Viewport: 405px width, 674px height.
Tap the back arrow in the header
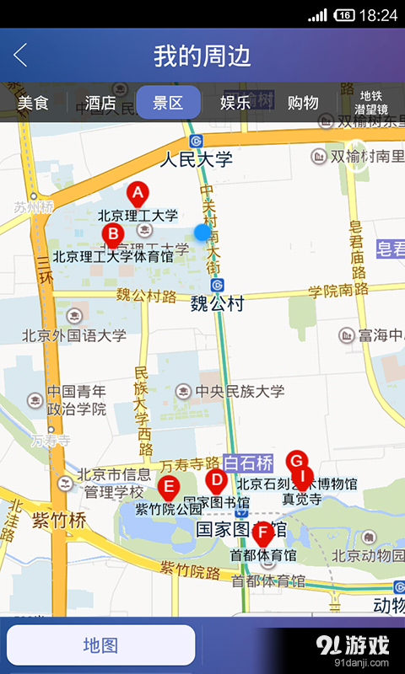pyautogui.click(x=20, y=56)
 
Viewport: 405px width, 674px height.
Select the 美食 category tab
pyautogui.click(x=34, y=103)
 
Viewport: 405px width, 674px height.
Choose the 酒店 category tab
pyautogui.click(x=100, y=103)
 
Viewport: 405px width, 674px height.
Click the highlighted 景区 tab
pyautogui.click(x=168, y=103)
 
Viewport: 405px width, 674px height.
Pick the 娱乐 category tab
pyautogui.click(x=235, y=103)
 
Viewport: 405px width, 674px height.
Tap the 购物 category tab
pyautogui.click(x=303, y=103)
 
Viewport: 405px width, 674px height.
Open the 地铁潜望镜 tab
pyautogui.click(x=371, y=103)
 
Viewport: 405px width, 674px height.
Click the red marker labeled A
pyautogui.click(x=137, y=193)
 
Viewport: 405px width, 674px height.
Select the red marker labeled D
pyautogui.click(x=216, y=481)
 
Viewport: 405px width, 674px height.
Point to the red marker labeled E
pyautogui.click(x=168, y=486)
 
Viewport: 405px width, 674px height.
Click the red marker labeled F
pyautogui.click(x=262, y=532)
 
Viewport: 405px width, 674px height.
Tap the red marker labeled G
pyautogui.click(x=295, y=461)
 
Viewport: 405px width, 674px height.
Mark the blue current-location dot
pyautogui.click(x=202, y=232)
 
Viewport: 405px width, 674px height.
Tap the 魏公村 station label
pyautogui.click(x=217, y=302)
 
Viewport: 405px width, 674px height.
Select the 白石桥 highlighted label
pyautogui.click(x=248, y=462)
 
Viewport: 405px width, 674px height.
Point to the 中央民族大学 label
pyautogui.click(x=240, y=391)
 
